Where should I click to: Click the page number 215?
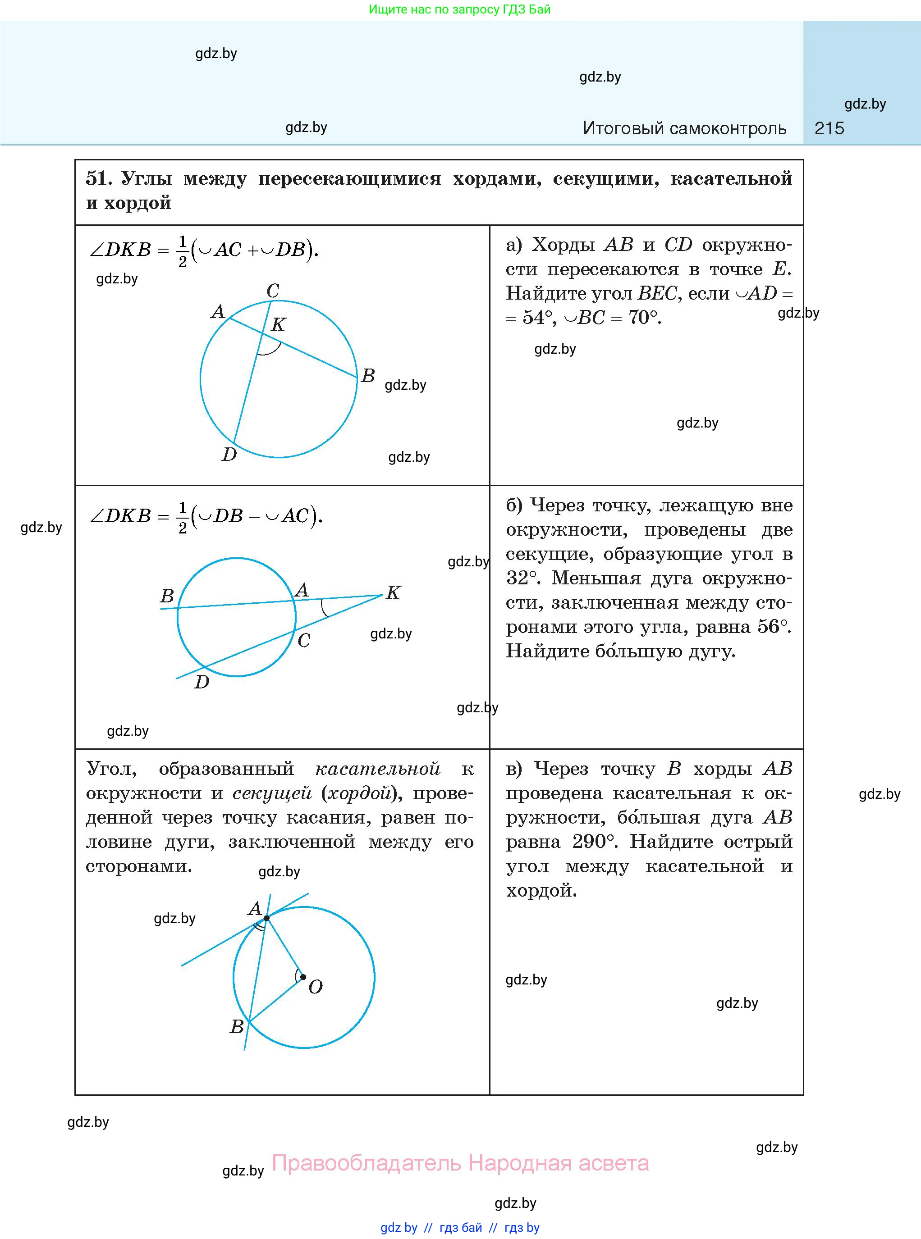pos(829,129)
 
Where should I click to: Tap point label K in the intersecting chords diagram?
pos(278,324)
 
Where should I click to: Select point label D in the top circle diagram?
pos(229,455)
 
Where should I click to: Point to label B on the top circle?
pos(368,375)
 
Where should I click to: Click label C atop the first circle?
pos(273,290)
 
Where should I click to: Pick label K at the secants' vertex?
pos(394,592)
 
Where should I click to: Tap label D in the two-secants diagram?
pos(201,682)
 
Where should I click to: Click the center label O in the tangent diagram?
pos(316,987)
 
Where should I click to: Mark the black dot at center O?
pos(303,977)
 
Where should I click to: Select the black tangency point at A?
pos(266,918)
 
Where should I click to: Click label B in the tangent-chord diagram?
pos(237,1026)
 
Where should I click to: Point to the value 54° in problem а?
pos(537,318)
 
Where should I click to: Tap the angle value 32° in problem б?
pos(523,578)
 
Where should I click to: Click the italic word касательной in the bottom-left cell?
pos(377,769)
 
